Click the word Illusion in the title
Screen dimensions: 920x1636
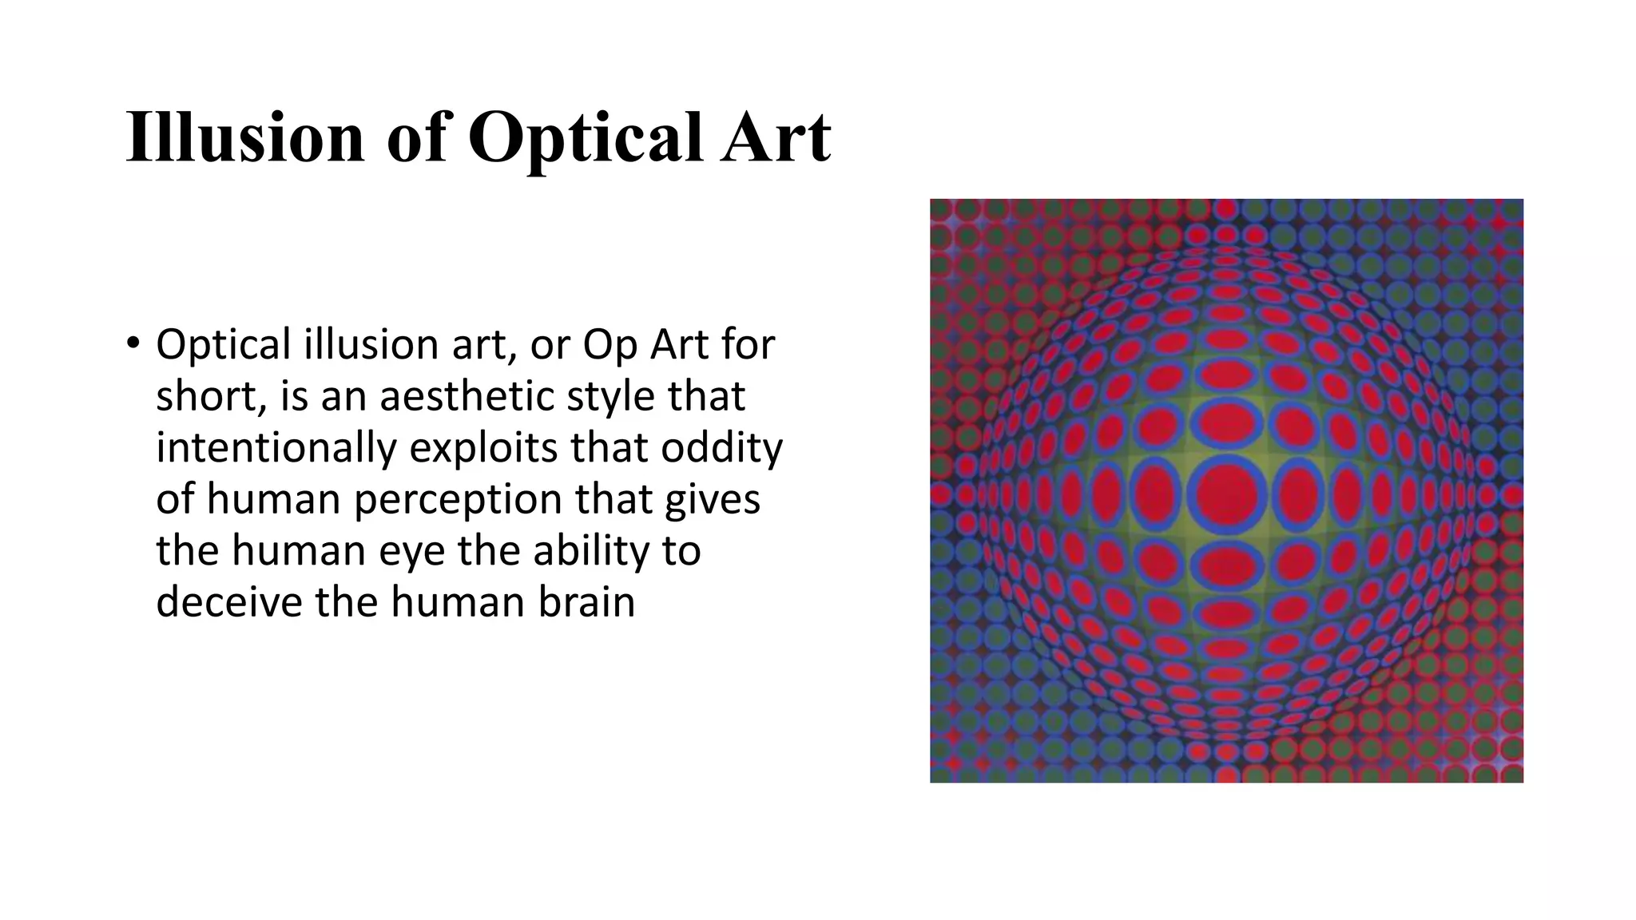(244, 137)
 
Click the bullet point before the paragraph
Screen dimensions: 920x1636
(133, 344)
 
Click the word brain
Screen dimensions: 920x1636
(586, 601)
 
